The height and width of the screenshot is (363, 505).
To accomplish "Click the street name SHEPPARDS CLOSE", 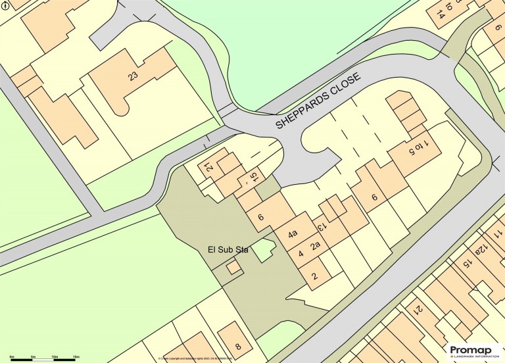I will pos(318,101).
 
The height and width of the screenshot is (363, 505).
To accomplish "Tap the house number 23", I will pos(133,76).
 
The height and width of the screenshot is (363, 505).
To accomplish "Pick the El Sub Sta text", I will pos(228,250).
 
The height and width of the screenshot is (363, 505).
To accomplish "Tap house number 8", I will pos(238,346).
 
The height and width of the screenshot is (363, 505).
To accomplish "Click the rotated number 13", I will pos(323,227).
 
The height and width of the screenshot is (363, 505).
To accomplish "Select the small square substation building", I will pos(233,268).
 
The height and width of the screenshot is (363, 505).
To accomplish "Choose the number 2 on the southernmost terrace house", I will pos(314,276).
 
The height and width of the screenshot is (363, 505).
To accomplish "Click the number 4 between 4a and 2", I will pos(301,254).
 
